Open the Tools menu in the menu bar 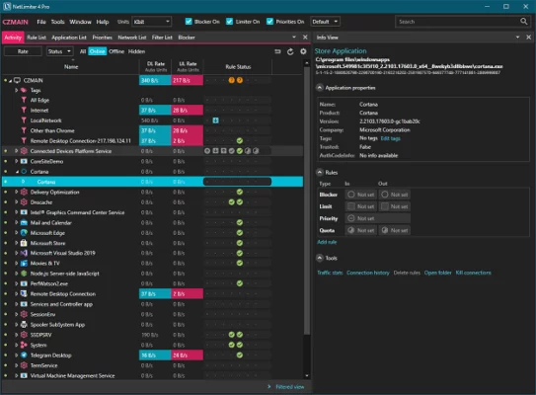57,21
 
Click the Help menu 106,21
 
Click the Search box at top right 459,21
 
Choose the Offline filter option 115,51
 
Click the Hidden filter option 136,51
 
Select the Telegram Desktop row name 51,355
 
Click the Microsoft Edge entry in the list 47,232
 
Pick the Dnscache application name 43,201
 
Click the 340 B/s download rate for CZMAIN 151,79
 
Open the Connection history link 367,272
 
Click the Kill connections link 471,272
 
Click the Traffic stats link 330,272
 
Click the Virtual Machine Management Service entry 72,375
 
